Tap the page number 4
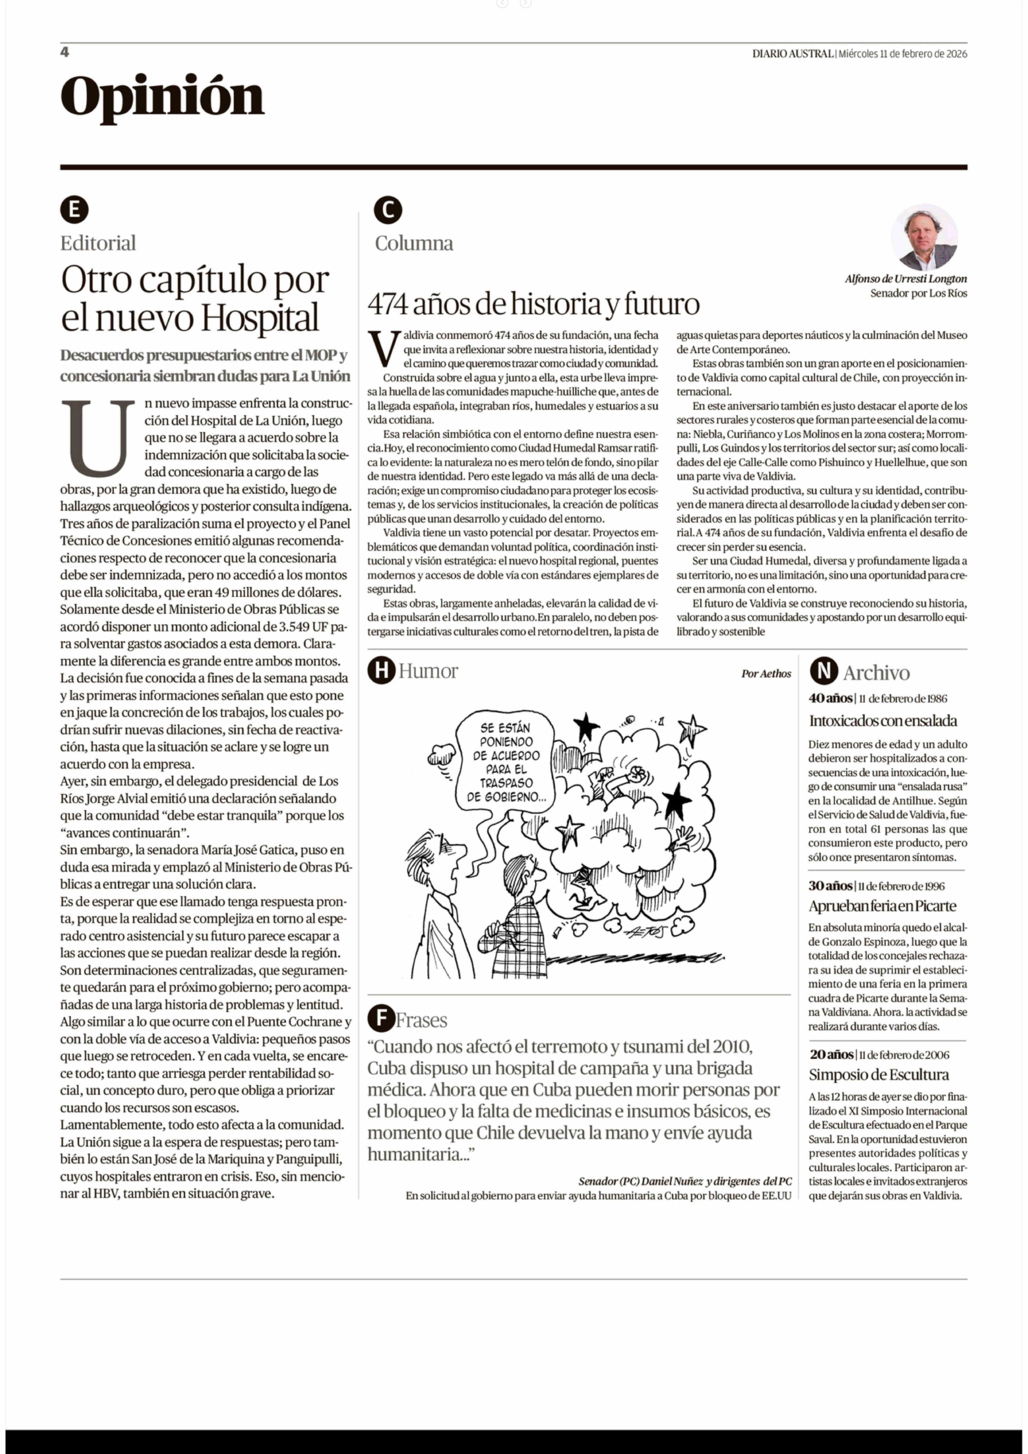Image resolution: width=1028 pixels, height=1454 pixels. [64, 52]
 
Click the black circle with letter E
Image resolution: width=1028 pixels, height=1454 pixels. [74, 210]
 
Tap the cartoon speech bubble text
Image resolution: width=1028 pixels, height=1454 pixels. [506, 762]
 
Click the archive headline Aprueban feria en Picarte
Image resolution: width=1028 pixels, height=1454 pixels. [882, 906]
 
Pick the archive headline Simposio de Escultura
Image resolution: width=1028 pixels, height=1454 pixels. [879, 1075]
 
